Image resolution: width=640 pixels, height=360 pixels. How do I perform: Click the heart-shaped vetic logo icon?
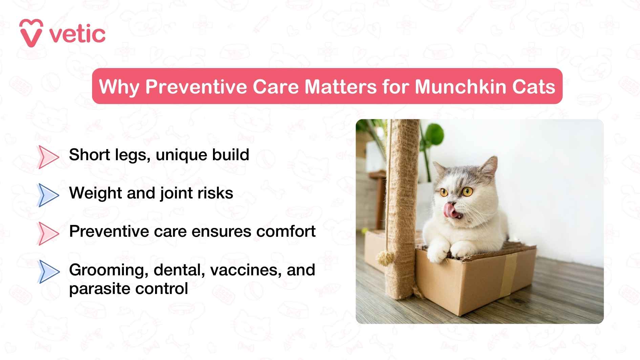pyautogui.click(x=31, y=33)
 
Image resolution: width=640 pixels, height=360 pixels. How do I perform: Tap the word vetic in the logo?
pyautogui.click(x=78, y=34)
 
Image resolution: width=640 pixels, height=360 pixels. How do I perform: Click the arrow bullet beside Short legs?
pyautogui.click(x=48, y=157)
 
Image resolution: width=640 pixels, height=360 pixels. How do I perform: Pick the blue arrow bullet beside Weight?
pyautogui.click(x=48, y=195)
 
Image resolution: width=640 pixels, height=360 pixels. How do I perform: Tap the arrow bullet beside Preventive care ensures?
pyautogui.click(x=48, y=233)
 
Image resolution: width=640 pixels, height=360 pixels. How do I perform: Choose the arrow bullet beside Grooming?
pyautogui.click(x=48, y=272)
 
